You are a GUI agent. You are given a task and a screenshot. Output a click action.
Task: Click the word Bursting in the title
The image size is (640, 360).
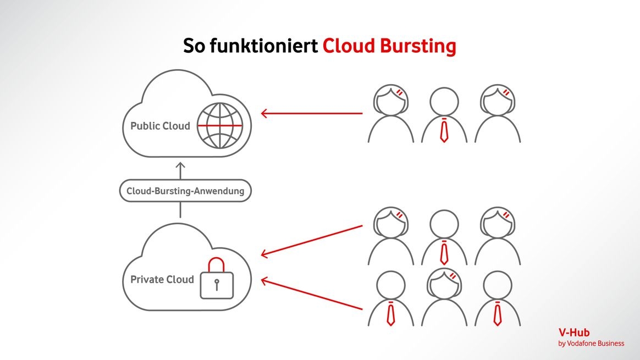pyautogui.click(x=419, y=46)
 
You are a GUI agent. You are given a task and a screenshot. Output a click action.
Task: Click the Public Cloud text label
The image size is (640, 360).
pyautogui.click(x=160, y=126)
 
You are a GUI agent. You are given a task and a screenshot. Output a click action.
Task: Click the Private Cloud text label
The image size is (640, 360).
pyautogui.click(x=162, y=279)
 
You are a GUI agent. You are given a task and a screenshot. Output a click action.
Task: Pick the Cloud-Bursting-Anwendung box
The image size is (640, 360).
pyautogui.click(x=185, y=191)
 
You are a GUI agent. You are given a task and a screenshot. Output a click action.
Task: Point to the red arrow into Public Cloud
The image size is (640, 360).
pyautogui.click(x=311, y=114)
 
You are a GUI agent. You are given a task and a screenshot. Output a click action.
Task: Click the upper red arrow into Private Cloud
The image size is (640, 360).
pyautogui.click(x=311, y=240)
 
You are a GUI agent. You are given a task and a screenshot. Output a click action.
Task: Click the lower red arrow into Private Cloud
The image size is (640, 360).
pyautogui.click(x=311, y=295)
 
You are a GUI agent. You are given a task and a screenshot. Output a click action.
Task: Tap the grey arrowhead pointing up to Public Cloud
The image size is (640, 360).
pyautogui.click(x=180, y=165)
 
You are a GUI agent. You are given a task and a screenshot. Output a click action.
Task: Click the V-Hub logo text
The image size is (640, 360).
pyautogui.click(x=574, y=333)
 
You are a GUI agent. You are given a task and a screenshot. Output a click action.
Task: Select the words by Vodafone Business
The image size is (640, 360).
pyautogui.click(x=591, y=344)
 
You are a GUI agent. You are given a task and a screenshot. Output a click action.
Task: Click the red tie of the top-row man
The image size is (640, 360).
pyautogui.click(x=444, y=131)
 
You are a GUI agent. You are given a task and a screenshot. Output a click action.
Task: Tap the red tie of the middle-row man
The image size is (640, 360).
pyautogui.click(x=444, y=253)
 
